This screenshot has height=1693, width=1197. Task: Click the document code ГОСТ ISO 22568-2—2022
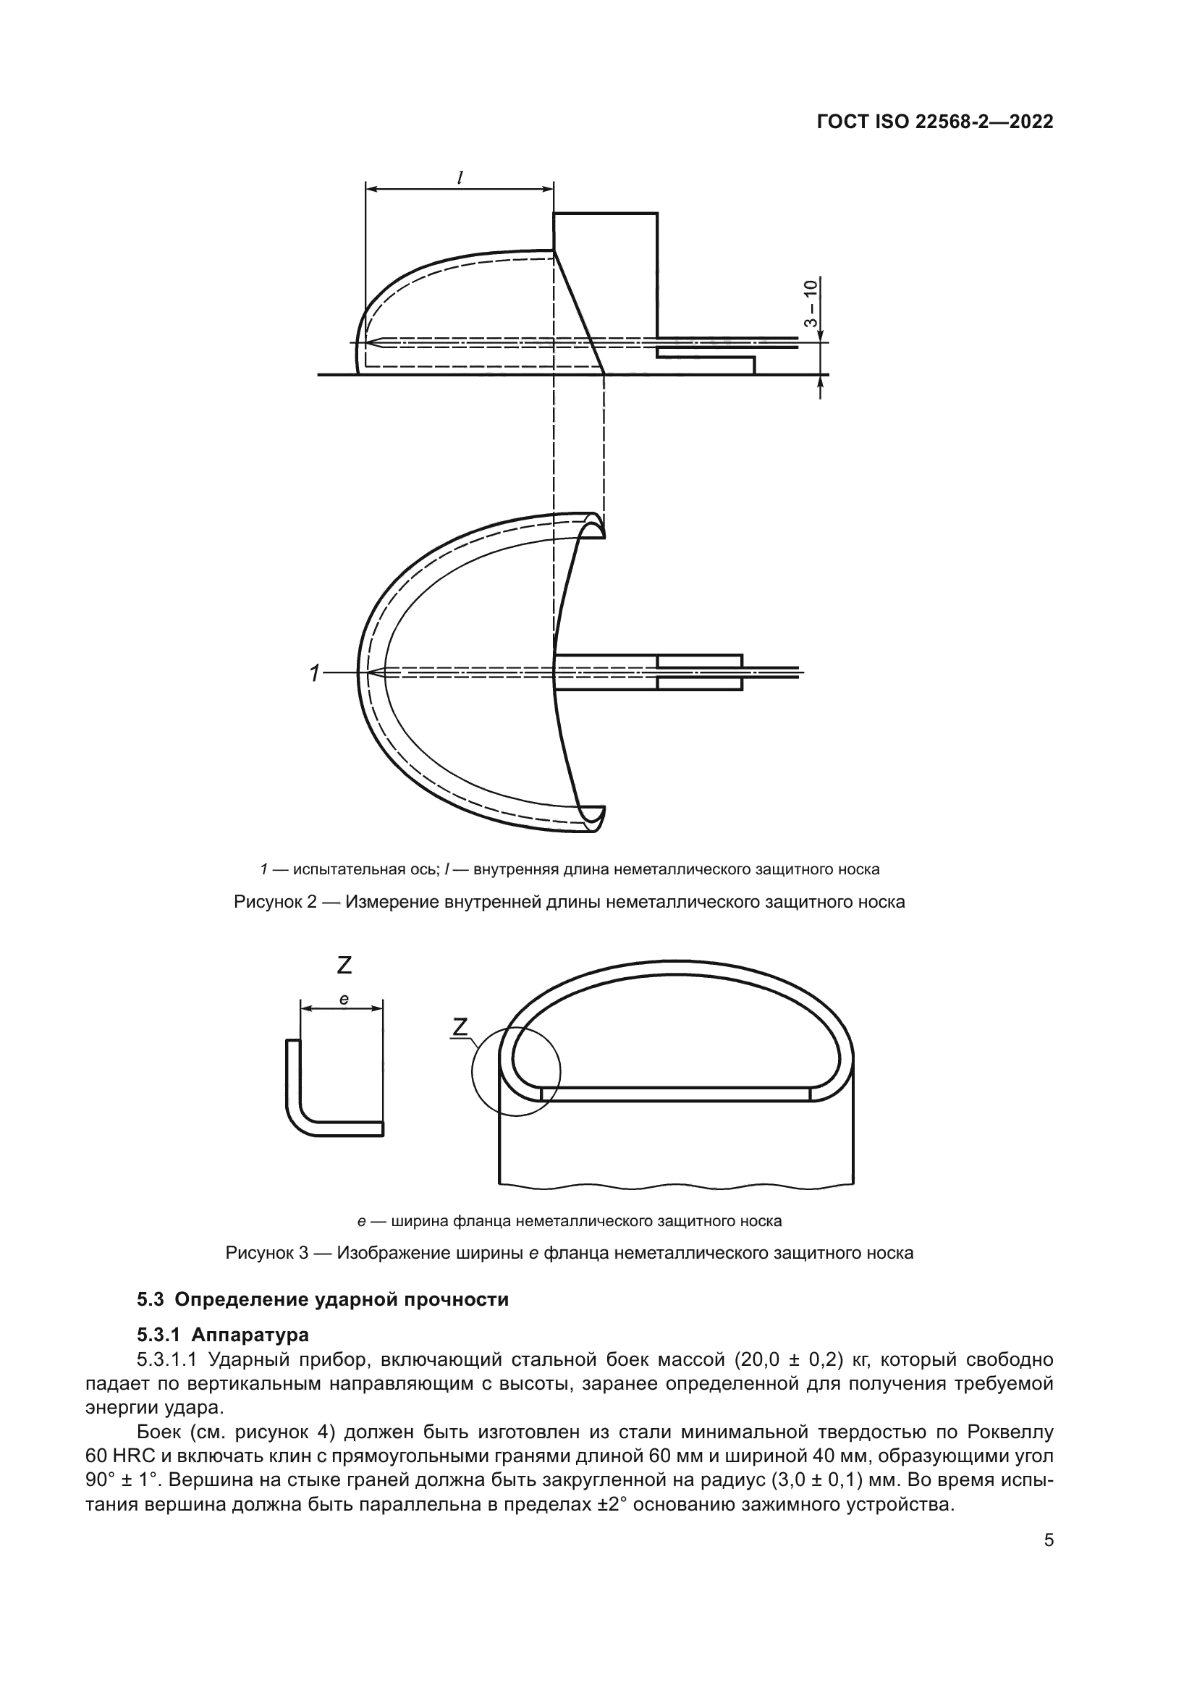pos(934,122)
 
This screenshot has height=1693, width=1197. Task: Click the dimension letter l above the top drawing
pos(460,177)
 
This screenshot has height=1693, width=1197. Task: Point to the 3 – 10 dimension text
pos(811,303)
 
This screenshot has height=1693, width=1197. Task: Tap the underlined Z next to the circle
pos(460,1026)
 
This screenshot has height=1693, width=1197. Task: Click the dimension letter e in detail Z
pos(344,1000)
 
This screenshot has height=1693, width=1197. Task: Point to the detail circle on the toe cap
pos(516,1071)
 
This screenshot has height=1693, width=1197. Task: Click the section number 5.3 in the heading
pos(151,1299)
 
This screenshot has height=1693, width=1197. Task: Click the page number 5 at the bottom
pos(1049,1540)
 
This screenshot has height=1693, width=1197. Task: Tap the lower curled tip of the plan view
pos(594,817)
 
